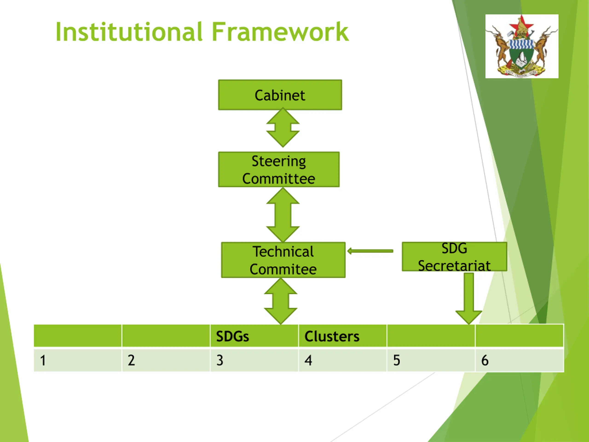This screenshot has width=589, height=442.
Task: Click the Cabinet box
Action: [280, 95]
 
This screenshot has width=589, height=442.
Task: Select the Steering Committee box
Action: [279, 169]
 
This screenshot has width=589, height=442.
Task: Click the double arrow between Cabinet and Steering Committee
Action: [283, 127]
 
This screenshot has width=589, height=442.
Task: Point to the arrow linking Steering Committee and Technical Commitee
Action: [283, 215]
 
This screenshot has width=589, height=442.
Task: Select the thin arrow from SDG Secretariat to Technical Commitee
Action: [370, 251]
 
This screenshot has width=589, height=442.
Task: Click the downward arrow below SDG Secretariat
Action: [469, 298]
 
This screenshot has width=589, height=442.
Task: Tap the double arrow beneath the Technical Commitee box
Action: [281, 301]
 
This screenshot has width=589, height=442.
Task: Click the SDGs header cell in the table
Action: [254, 336]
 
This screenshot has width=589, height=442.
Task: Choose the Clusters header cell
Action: [343, 336]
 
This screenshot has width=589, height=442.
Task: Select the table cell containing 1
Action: [78, 360]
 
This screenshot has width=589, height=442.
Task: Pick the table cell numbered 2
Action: [166, 360]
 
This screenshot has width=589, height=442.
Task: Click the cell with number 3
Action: [254, 360]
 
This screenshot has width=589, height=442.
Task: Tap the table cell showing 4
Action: [343, 360]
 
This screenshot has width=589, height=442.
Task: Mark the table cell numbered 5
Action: [431, 360]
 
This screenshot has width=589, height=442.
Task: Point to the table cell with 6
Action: [520, 360]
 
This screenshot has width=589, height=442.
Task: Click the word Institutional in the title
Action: [129, 32]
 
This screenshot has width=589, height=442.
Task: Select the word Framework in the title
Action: [280, 32]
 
